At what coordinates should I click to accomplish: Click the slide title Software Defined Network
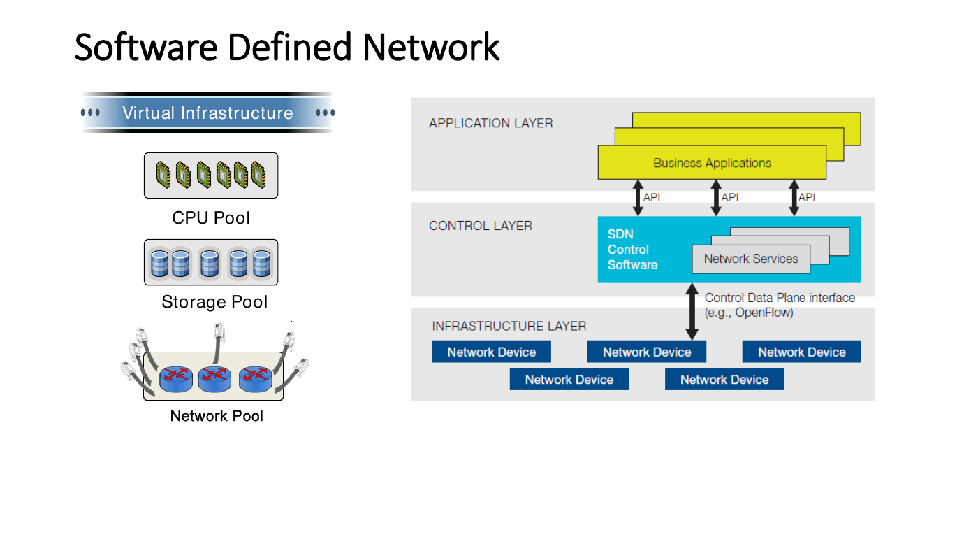[287, 47]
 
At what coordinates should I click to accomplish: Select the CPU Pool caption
[211, 218]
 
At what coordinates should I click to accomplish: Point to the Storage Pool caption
[214, 302]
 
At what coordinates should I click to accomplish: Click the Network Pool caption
[217, 416]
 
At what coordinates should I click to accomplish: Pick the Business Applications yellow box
[712, 162]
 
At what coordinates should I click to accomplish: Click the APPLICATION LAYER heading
[490, 123]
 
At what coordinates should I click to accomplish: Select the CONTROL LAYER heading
[481, 226]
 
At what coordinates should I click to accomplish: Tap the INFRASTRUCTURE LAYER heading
[509, 326]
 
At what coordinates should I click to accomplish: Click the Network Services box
[751, 259]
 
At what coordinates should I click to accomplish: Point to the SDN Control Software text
[632, 250]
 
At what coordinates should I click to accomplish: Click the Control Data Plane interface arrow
[692, 312]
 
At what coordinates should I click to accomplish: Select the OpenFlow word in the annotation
[763, 313]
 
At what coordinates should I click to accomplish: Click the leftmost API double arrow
[638, 197]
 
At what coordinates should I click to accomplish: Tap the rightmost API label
[807, 197]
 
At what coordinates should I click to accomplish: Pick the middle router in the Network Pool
[214, 378]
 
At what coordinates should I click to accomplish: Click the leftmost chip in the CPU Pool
[163, 175]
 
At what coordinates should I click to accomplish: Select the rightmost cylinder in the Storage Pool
[262, 264]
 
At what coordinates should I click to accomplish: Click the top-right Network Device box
[802, 352]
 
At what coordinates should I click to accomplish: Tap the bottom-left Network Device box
[569, 379]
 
